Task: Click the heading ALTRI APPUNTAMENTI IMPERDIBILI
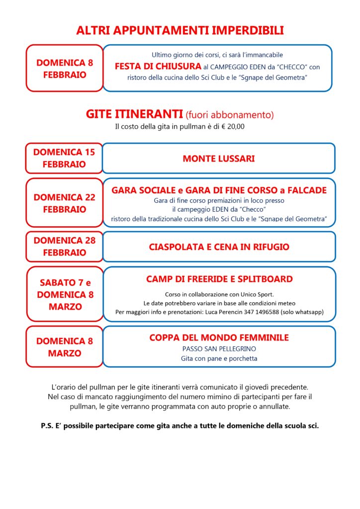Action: (x=180, y=30)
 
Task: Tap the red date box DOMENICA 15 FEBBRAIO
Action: (x=64, y=158)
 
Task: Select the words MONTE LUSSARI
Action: (x=219, y=159)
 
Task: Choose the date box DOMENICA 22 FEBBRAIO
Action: (x=64, y=203)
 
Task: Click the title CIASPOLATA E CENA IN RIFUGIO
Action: (x=219, y=247)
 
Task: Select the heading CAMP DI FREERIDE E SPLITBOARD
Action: (x=219, y=279)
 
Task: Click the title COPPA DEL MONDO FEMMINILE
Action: (x=219, y=338)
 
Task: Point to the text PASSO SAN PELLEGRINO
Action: (x=219, y=349)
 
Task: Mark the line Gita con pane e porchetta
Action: (x=219, y=358)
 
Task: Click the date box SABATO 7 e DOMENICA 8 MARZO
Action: (x=65, y=294)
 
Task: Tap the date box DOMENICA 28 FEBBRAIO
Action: (x=64, y=247)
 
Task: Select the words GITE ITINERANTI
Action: (x=134, y=114)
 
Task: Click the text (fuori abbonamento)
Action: (x=229, y=115)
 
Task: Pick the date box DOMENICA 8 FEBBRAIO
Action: (x=64, y=69)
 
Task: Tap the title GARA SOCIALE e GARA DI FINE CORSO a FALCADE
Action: (x=219, y=190)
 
